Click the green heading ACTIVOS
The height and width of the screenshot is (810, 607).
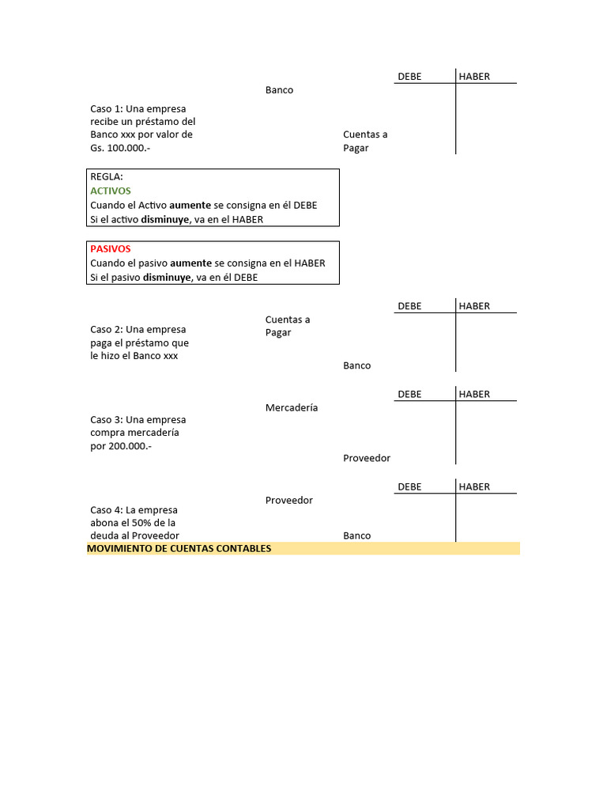coord(111,191)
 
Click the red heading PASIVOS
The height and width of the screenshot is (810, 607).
coord(111,248)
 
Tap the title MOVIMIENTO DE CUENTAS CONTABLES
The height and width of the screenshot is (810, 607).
coord(179,548)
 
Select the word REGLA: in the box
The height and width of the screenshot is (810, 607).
coord(107,176)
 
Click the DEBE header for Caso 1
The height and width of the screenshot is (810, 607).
coord(409,77)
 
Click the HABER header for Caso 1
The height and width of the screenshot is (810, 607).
coord(474,77)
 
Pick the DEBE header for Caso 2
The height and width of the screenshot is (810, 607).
coord(409,306)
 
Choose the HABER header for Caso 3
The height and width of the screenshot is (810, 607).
coord(474,394)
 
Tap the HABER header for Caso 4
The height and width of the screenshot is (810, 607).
coord(474,486)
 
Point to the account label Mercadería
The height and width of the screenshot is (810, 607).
coord(292,407)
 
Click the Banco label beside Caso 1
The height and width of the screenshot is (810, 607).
coord(279,90)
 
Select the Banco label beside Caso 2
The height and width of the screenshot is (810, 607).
coord(357,365)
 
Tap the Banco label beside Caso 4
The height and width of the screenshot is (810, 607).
coord(357,536)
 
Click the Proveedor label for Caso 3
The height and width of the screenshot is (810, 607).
coord(367,458)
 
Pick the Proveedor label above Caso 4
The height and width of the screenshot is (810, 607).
coord(289,500)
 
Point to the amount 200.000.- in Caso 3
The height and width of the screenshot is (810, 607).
coord(130,446)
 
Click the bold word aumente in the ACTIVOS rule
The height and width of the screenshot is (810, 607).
coord(190,205)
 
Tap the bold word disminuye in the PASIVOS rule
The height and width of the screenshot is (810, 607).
coord(167,278)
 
